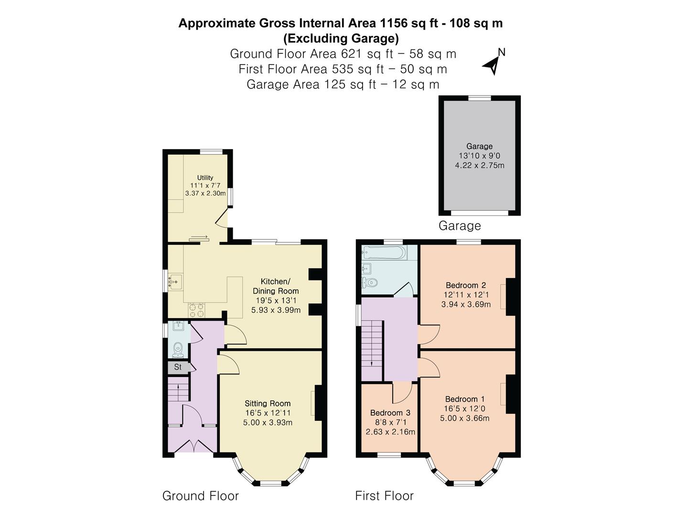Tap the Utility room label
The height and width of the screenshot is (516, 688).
pyautogui.click(x=205, y=178)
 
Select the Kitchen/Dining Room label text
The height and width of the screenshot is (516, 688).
pyautogui.click(x=276, y=286)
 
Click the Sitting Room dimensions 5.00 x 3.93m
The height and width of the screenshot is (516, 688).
pyautogui.click(x=268, y=422)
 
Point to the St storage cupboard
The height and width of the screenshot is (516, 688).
pyautogui.click(x=178, y=367)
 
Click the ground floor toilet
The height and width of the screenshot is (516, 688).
pyautogui.click(x=178, y=349)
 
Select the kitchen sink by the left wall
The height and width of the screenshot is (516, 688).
pyautogui.click(x=175, y=282)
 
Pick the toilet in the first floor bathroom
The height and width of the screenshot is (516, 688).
pyautogui.click(x=370, y=282)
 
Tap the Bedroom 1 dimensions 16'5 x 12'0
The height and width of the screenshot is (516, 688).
pyautogui.click(x=464, y=408)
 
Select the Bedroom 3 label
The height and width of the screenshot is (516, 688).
pyautogui.click(x=390, y=413)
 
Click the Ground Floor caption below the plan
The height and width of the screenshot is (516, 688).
pyautogui.click(x=200, y=496)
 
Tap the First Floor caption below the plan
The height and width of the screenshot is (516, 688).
pyautogui.click(x=384, y=496)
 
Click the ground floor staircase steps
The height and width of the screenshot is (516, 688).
pyautogui.click(x=179, y=390)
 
